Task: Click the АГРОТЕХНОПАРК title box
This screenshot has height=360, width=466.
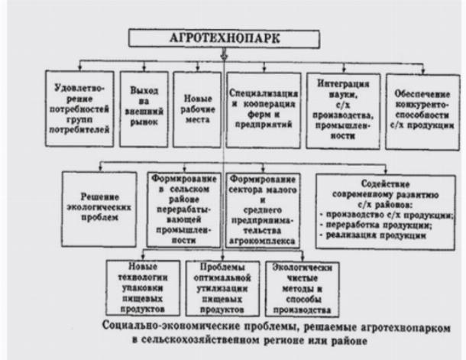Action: (x=224, y=38)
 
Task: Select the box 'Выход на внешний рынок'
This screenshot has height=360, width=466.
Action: (x=144, y=109)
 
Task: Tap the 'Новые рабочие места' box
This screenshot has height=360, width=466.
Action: (x=197, y=109)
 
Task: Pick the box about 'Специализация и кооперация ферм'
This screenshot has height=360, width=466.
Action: (x=264, y=110)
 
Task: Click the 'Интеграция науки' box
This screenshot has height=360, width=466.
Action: (x=343, y=111)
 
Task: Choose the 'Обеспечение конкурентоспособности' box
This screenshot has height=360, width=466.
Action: (x=422, y=112)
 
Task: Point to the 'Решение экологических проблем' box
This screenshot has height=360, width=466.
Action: (x=99, y=209)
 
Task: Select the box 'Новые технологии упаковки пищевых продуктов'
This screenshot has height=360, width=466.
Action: (x=143, y=287)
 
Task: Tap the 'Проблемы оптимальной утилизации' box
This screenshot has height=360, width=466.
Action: (x=222, y=288)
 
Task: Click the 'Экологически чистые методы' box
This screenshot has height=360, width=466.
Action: (x=303, y=289)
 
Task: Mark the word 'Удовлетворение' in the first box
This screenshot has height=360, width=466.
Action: (x=79, y=93)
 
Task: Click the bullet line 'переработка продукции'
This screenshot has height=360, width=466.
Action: (x=376, y=225)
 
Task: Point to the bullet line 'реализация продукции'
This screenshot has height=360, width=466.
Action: (x=374, y=235)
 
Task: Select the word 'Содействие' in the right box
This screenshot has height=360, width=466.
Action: (x=385, y=183)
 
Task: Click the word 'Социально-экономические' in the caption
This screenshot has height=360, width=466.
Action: (x=171, y=326)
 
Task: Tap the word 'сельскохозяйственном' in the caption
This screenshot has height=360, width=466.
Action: (x=201, y=340)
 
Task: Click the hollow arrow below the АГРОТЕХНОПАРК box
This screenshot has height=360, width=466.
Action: (x=224, y=55)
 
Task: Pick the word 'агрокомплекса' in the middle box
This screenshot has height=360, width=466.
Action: (x=263, y=241)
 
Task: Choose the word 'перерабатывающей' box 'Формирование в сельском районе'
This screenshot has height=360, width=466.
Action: (x=183, y=215)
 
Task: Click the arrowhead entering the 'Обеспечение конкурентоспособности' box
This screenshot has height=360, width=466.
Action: (x=423, y=72)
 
